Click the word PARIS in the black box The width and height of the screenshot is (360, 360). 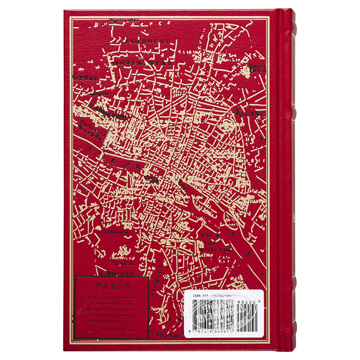click(112, 286)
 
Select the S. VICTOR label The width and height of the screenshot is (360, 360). click(216, 249)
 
